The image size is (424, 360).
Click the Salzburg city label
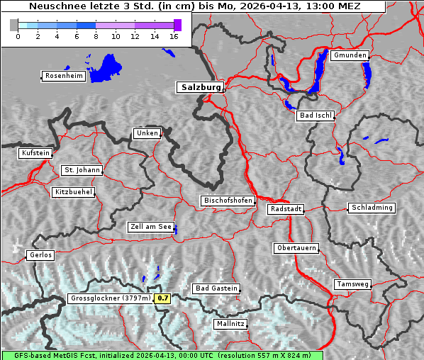click(200, 87)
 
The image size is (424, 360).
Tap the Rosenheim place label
click(63, 76)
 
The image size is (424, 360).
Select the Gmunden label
click(350, 55)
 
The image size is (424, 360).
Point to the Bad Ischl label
click(315, 116)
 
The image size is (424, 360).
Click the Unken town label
click(146, 133)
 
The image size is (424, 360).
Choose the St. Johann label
click(82, 170)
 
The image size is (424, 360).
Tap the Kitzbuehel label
click(73, 192)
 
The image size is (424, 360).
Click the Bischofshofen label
click(228, 201)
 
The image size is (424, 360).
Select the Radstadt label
click(286, 209)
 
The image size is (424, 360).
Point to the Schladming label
click(372, 208)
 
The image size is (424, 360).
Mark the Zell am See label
click(151, 227)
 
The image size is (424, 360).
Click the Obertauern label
click(296, 248)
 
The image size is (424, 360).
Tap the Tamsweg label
click(352, 284)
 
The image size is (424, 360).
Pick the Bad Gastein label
click(216, 288)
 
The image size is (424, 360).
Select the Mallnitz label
click(230, 324)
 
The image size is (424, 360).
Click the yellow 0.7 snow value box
click(163, 298)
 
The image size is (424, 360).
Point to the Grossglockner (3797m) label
click(111, 298)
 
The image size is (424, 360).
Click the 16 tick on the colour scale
click(173, 36)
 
